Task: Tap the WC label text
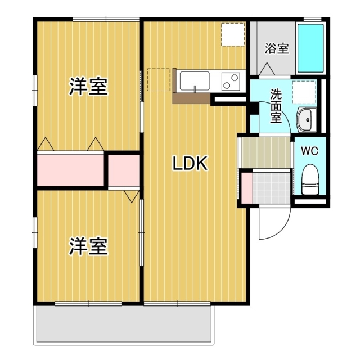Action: (x=310, y=151)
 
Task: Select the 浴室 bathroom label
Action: (x=277, y=48)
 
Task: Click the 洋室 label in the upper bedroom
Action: (x=88, y=87)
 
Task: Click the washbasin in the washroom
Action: (x=307, y=118)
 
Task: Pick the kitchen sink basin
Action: (x=195, y=81)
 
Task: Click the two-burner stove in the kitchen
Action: (x=231, y=81)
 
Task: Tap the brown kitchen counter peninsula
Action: (x=191, y=97)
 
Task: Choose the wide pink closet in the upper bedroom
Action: (x=71, y=169)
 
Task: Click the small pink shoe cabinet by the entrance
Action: (x=246, y=187)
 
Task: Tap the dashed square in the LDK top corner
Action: (x=232, y=34)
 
